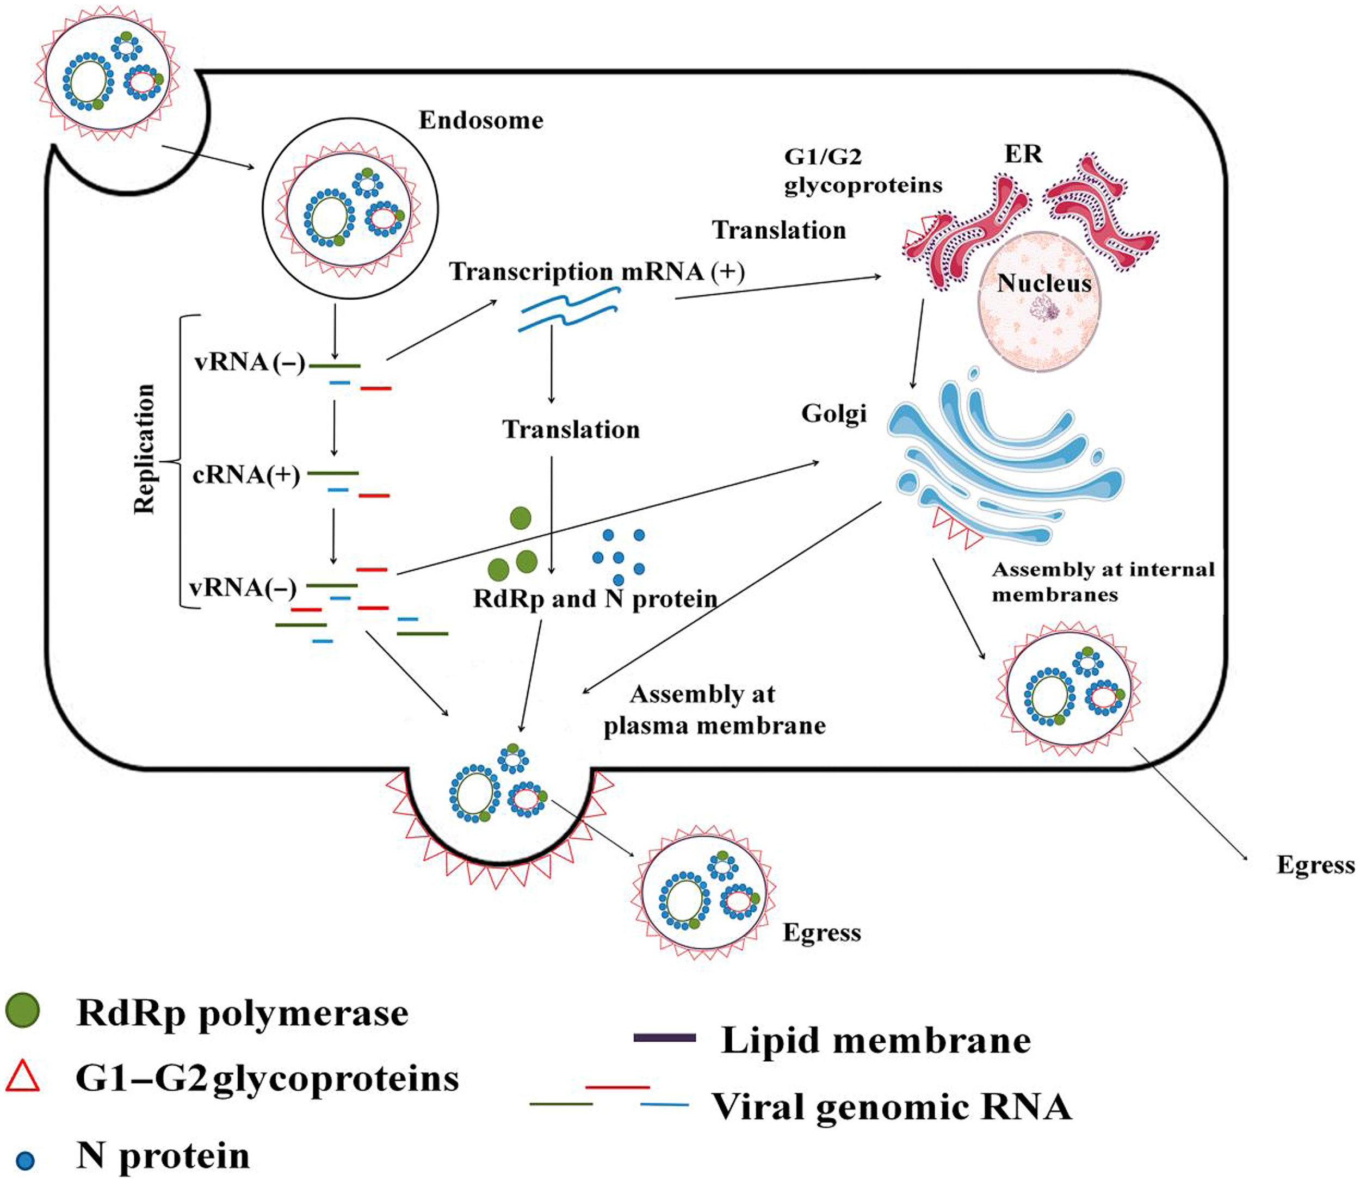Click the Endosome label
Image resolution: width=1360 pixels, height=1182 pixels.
click(x=481, y=121)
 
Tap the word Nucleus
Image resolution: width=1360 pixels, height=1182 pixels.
click(x=1044, y=283)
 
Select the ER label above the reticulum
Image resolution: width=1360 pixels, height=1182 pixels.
click(x=1023, y=154)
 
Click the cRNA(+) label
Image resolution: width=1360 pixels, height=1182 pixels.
click(x=246, y=475)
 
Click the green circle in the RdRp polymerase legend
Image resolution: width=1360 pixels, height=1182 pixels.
click(x=22, y=1011)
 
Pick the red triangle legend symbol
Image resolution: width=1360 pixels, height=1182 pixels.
click(x=23, y=1076)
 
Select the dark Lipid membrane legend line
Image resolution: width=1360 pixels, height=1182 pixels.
click(x=664, y=1037)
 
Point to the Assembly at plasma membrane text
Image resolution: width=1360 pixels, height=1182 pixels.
click(x=714, y=710)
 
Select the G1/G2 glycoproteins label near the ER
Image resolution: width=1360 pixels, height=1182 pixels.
click(x=862, y=171)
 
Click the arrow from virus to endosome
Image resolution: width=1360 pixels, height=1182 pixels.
click(x=208, y=158)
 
